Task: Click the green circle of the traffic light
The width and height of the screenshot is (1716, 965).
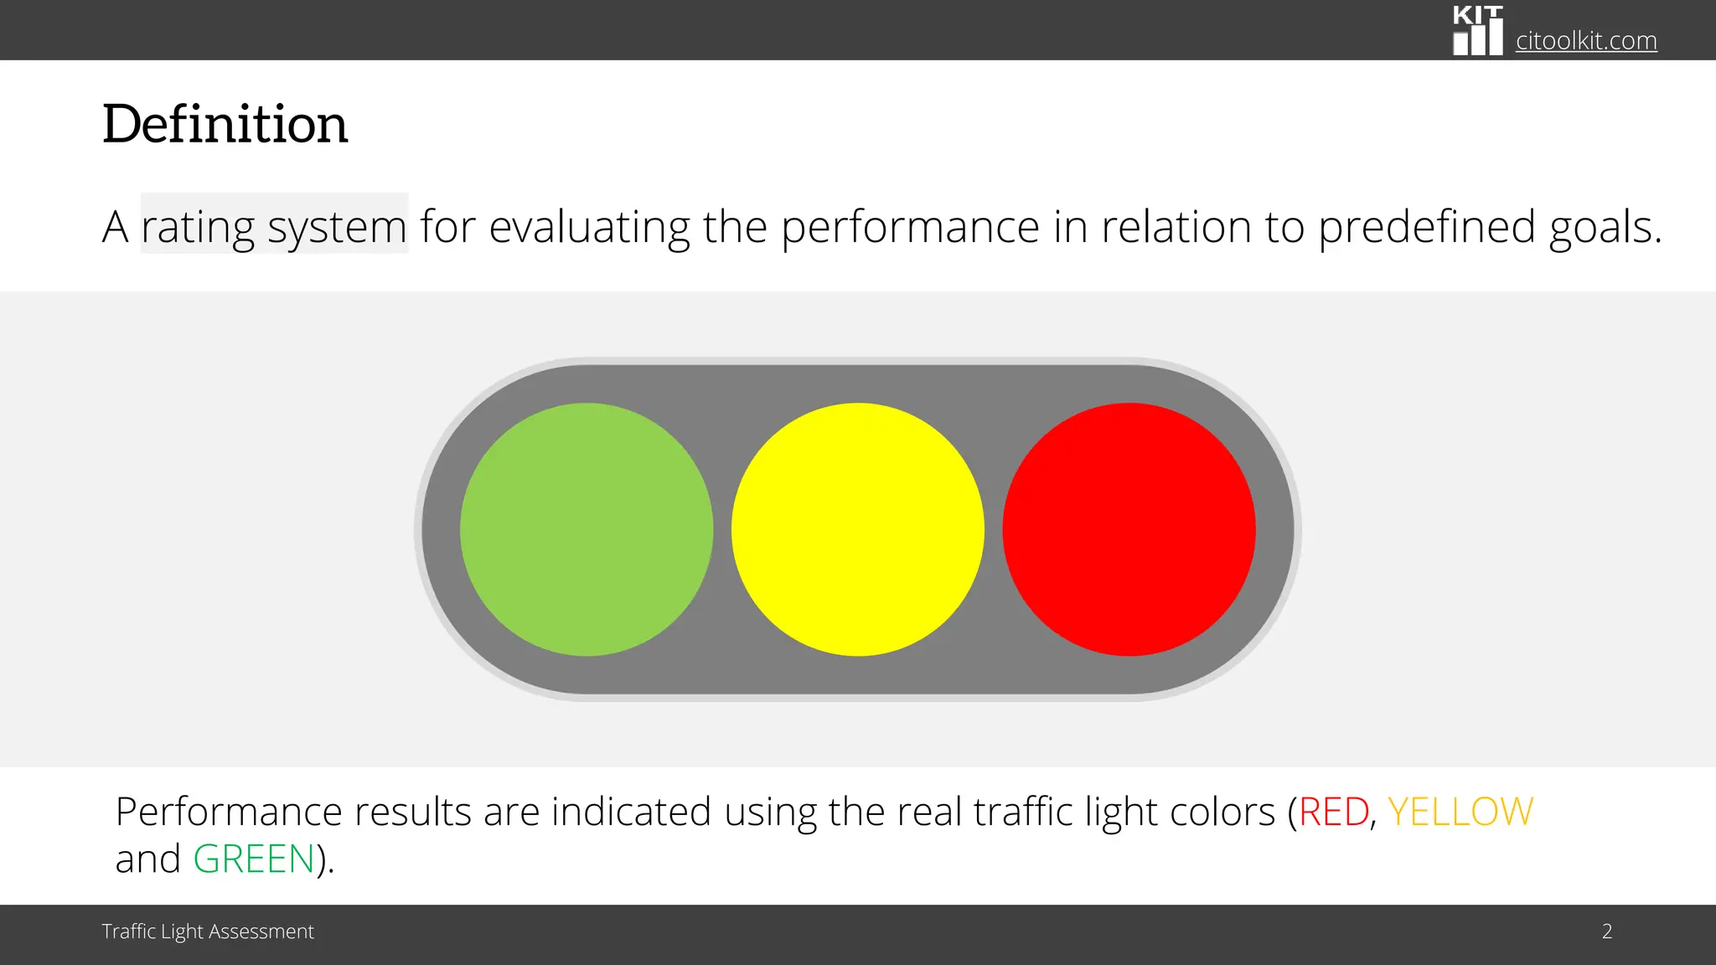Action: point(587,529)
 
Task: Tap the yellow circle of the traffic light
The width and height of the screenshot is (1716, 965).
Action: point(857,529)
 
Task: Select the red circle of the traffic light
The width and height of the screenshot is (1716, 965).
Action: point(1129,529)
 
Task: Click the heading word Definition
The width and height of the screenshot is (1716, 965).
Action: point(225,124)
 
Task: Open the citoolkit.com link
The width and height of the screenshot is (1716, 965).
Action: point(1586,40)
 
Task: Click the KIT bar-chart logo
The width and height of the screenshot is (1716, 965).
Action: point(1477,31)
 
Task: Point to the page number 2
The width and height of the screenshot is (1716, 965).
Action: point(1607,931)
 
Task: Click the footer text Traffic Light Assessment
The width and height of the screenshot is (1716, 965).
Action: point(208,931)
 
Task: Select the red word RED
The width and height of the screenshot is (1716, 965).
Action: point(1334,812)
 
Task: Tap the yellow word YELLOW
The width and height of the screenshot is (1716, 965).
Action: point(1460,812)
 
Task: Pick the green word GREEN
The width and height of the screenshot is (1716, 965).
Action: point(254,859)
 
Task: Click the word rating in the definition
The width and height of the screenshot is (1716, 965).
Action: point(198,227)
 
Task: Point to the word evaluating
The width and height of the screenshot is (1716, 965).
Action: point(589,227)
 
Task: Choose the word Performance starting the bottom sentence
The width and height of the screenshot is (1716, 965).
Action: point(228,812)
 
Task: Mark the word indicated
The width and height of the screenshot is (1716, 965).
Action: point(631,812)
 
